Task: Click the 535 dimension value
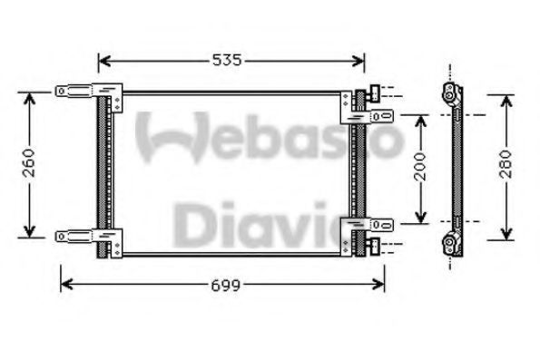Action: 227,60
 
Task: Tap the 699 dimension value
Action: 225,286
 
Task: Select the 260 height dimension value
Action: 29,163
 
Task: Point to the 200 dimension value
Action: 420,167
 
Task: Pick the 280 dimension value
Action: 506,164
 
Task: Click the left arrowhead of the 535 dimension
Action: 104,61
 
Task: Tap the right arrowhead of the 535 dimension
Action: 358,61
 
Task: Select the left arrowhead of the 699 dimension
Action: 67,285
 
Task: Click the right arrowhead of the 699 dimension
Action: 378,285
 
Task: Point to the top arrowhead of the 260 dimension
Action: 30,99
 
